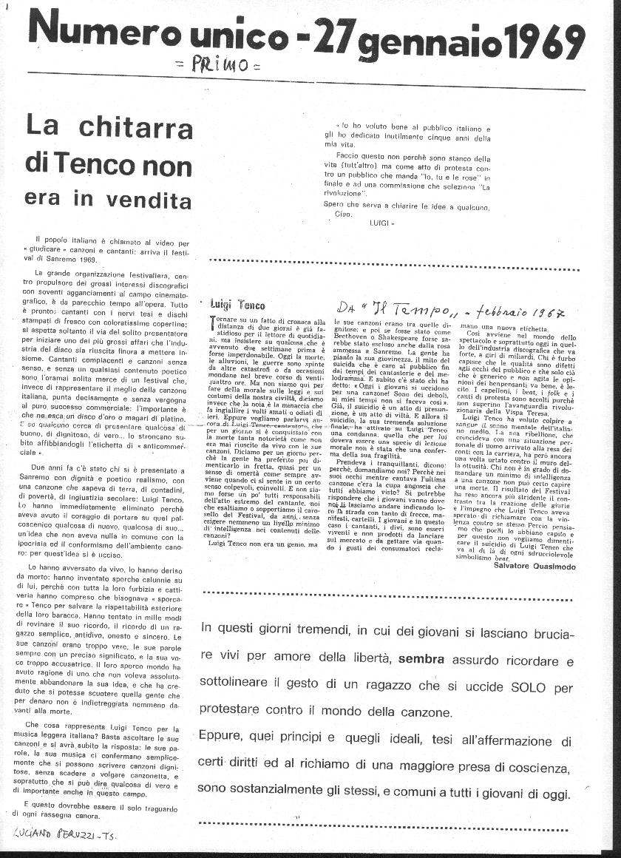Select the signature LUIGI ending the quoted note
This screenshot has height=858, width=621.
pos(381,221)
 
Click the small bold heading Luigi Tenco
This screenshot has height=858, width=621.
pos(237,305)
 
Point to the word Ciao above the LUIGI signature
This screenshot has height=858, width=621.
pos(342,214)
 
